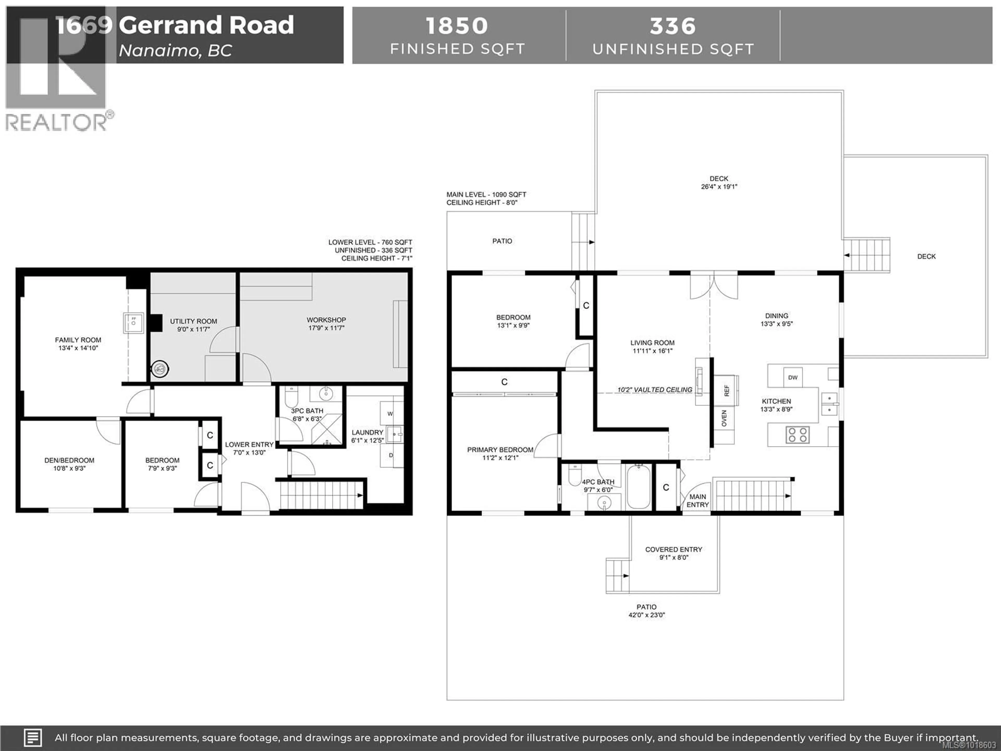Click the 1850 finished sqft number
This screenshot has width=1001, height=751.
(x=457, y=26)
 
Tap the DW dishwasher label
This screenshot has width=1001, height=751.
(x=793, y=377)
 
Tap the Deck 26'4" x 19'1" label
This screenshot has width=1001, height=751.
(x=719, y=183)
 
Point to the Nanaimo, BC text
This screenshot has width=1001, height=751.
(x=175, y=51)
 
